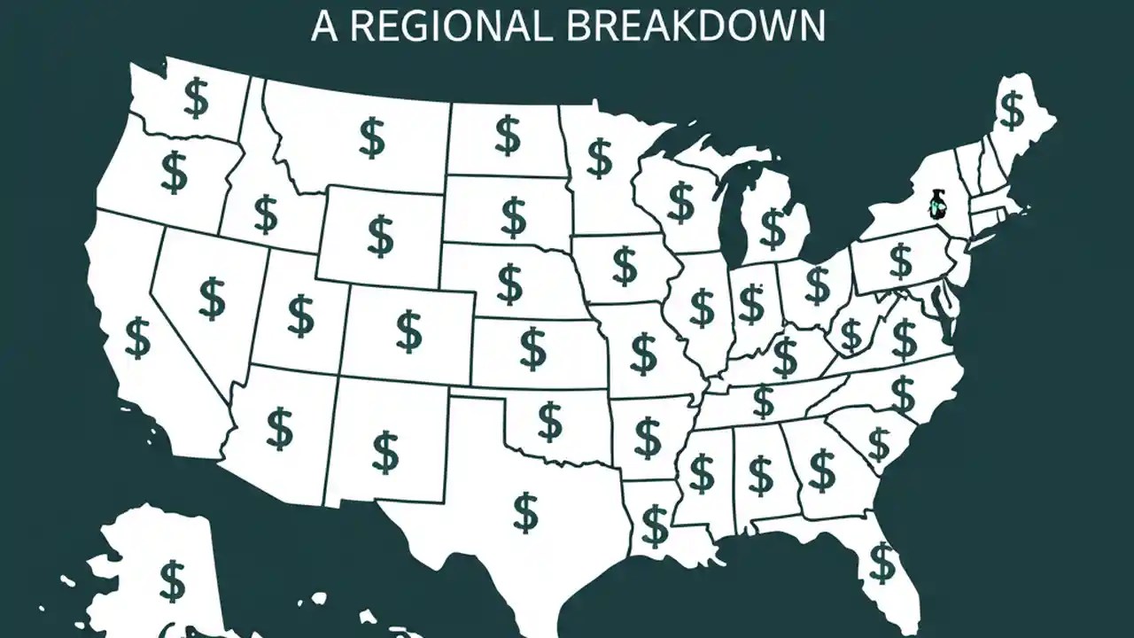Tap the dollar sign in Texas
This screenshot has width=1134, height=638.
[525, 512]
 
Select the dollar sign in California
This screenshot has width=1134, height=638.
[137, 338]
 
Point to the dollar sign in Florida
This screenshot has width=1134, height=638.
[882, 562]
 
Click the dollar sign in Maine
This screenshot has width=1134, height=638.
[1011, 110]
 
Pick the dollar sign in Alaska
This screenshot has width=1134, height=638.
[172, 580]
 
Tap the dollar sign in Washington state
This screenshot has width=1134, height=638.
[196, 97]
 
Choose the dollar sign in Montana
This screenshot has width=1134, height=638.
[372, 137]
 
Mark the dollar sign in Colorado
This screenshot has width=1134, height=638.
[408, 331]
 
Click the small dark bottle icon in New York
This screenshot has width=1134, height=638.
[935, 204]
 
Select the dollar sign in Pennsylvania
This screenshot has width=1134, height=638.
[900, 261]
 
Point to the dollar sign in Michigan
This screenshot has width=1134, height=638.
[773, 229]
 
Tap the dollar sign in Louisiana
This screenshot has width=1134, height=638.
[655, 525]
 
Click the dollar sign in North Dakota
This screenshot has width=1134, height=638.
[508, 135]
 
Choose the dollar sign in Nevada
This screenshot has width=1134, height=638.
[212, 299]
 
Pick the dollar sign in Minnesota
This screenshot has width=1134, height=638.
[600, 159]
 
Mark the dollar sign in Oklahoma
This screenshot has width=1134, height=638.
[550, 421]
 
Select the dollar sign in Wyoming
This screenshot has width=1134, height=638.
[381, 235]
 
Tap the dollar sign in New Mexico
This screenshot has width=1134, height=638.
[385, 452]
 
